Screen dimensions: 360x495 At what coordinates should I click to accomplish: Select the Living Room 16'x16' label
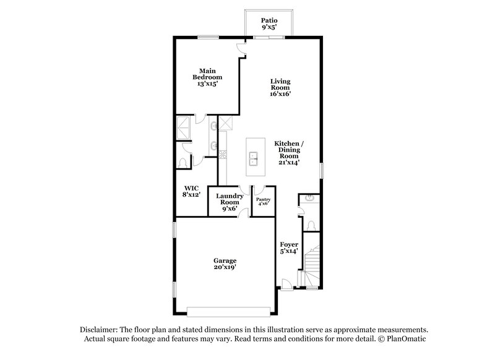pos(280,87)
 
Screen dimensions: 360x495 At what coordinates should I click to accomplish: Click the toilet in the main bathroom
pos(183,161)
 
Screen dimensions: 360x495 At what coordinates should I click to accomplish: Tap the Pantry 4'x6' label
pos(263,202)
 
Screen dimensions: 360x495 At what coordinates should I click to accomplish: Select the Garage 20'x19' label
pos(226,264)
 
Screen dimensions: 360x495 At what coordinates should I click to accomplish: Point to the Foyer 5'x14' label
pos(289,248)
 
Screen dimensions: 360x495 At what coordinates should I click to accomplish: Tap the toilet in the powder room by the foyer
pos(312,223)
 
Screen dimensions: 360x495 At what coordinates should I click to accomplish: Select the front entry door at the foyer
pos(286,284)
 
